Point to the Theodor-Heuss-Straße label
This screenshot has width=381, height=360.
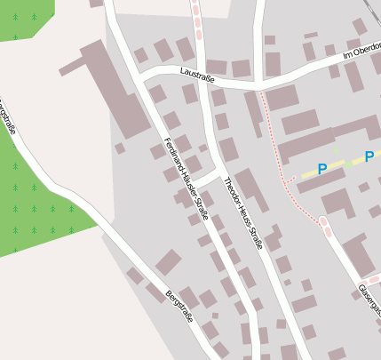(x=242, y=212)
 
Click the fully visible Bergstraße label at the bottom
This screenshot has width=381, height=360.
(x=179, y=307)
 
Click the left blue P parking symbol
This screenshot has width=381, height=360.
(x=322, y=168)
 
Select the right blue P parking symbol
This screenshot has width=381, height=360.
(x=369, y=157)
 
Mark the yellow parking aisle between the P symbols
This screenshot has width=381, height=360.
(x=345, y=164)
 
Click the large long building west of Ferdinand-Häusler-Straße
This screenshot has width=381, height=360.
(x=116, y=88)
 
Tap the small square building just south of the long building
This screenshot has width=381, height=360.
(x=120, y=148)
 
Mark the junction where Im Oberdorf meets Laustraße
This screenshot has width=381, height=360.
(x=258, y=88)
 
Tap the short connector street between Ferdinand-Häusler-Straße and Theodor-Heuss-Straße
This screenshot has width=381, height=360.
(x=205, y=179)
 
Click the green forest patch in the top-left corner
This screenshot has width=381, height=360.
(x=22, y=18)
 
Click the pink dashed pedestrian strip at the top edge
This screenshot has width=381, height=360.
(x=195, y=18)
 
